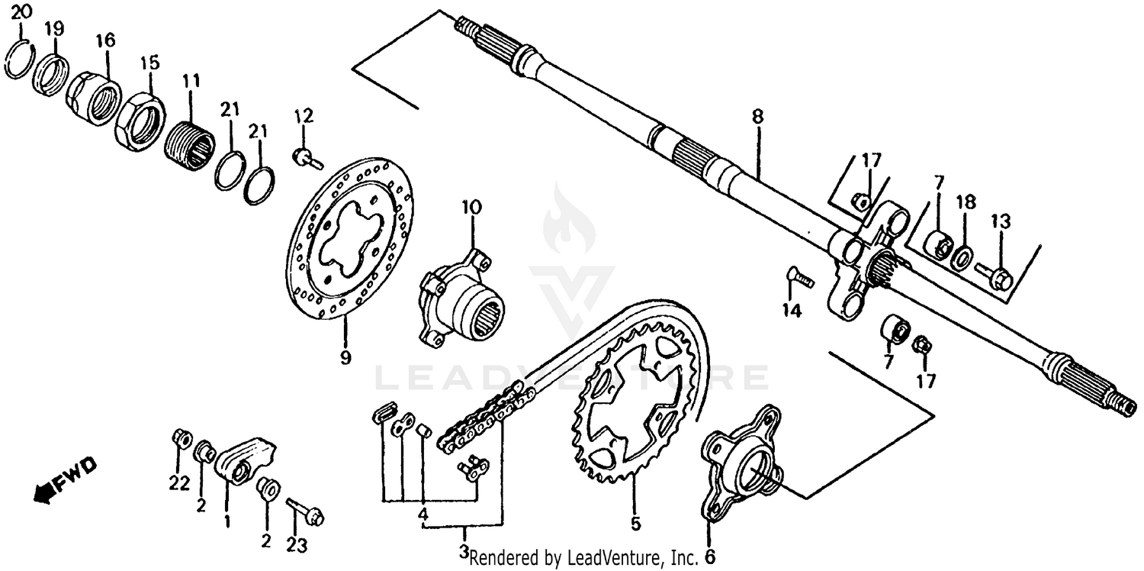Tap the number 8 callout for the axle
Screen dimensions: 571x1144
click(757, 117)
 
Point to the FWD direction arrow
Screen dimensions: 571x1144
click(65, 478)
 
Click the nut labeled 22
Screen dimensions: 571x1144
click(181, 437)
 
